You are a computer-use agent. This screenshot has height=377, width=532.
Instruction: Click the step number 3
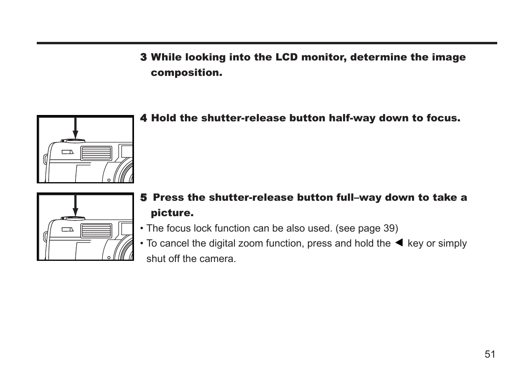(x=143, y=58)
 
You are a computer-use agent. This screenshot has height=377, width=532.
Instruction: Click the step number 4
(x=143, y=119)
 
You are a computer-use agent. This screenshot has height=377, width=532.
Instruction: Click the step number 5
(x=143, y=198)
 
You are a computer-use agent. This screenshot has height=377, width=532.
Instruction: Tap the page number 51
(x=490, y=354)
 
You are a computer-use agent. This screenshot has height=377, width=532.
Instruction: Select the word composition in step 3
(x=186, y=73)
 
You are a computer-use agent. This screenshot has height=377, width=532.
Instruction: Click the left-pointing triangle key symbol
(x=399, y=243)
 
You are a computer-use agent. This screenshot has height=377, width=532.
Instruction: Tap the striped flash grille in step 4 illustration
(x=96, y=153)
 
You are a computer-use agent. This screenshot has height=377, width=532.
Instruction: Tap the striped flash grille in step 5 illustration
(x=96, y=230)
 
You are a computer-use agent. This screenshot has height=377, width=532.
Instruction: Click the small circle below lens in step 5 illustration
(x=109, y=258)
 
